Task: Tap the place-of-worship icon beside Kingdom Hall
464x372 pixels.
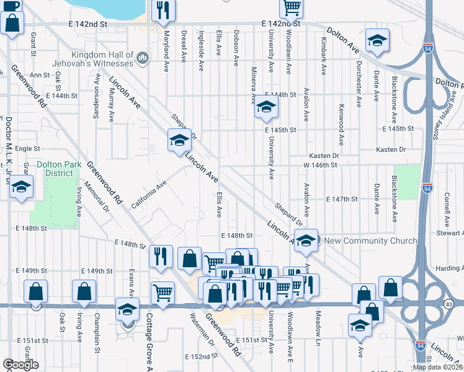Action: click(143, 59)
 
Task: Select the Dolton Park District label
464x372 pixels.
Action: click(55, 169)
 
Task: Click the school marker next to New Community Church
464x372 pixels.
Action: click(306, 241)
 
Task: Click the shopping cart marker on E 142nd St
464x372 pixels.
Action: click(291, 7)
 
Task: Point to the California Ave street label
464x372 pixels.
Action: click(149, 194)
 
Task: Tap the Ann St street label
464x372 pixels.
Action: click(39, 75)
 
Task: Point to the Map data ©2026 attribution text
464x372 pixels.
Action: click(437, 367)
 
